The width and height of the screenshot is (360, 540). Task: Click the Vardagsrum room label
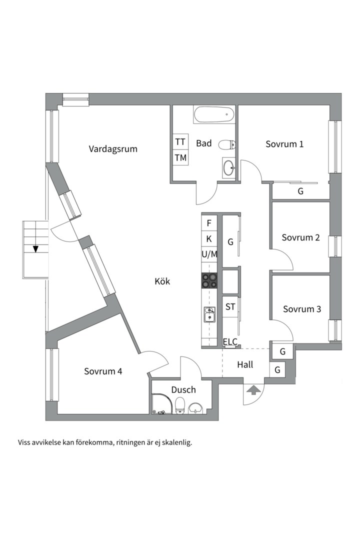(x=113, y=149)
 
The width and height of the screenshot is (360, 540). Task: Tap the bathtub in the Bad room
(x=214, y=114)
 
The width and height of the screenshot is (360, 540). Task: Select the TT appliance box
(x=180, y=141)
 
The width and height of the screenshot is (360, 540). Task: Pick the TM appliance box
(x=180, y=157)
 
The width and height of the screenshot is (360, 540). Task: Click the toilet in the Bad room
(x=226, y=144)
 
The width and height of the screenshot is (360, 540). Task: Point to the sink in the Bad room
(x=228, y=168)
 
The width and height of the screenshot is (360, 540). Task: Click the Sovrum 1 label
(x=284, y=144)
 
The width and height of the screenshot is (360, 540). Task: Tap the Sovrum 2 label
(x=300, y=237)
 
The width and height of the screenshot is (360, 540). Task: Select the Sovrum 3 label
(x=302, y=309)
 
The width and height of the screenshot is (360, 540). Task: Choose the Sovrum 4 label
(x=103, y=371)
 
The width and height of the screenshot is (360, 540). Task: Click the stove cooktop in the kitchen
(x=209, y=280)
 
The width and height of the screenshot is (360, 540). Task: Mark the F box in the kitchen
(x=209, y=223)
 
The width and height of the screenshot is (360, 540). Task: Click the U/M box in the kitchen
(x=209, y=254)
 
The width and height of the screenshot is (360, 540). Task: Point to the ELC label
(x=230, y=341)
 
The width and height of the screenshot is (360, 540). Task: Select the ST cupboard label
(x=230, y=306)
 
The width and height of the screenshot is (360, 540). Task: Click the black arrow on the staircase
(x=35, y=249)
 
